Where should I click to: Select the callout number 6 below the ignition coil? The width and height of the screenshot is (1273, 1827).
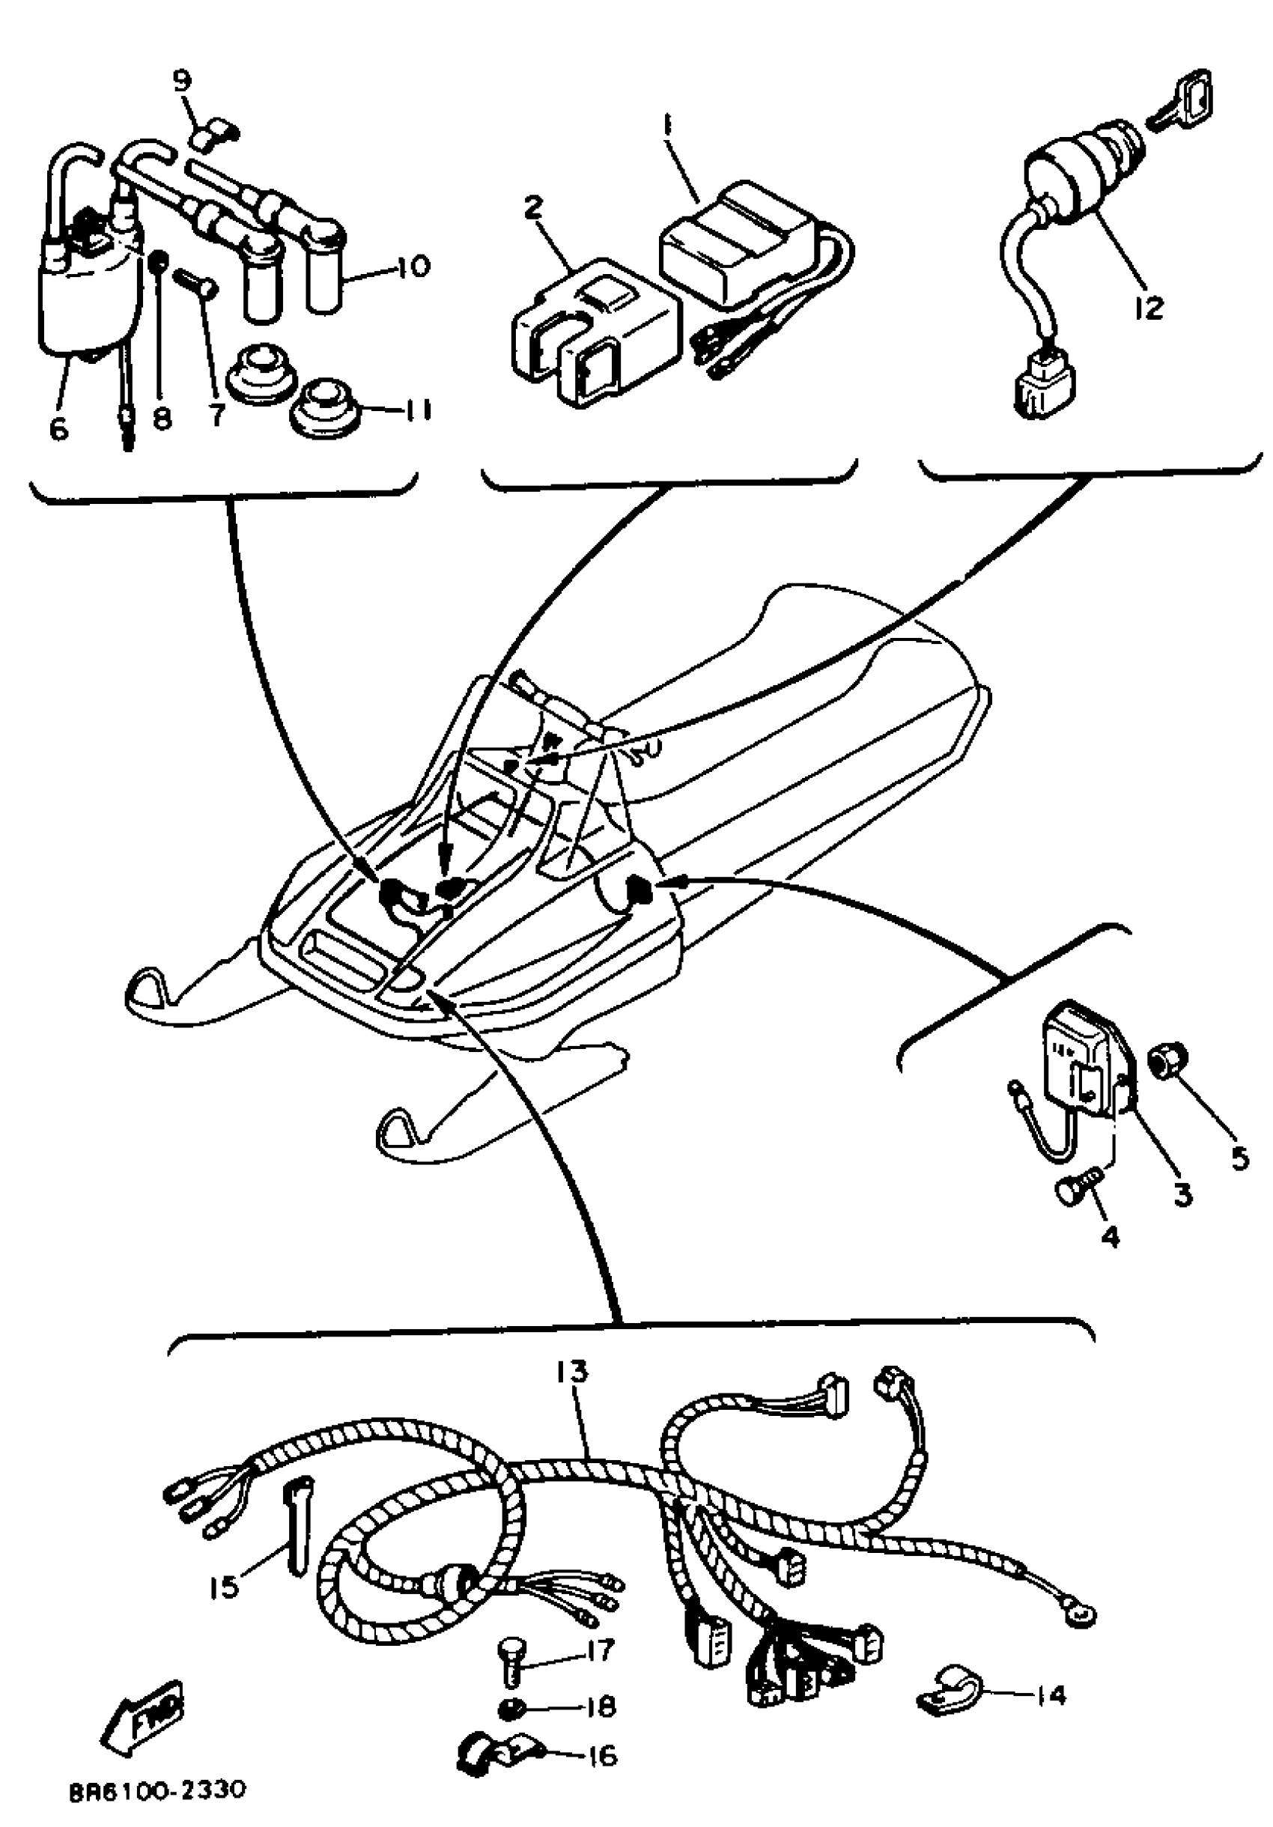click(59, 428)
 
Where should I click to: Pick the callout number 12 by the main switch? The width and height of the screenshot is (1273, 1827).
click(1148, 306)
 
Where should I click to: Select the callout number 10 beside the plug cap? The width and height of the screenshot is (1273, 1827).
click(412, 265)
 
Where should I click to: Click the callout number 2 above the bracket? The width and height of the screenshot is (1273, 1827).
click(532, 207)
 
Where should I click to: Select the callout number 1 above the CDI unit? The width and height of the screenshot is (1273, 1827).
click(666, 127)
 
